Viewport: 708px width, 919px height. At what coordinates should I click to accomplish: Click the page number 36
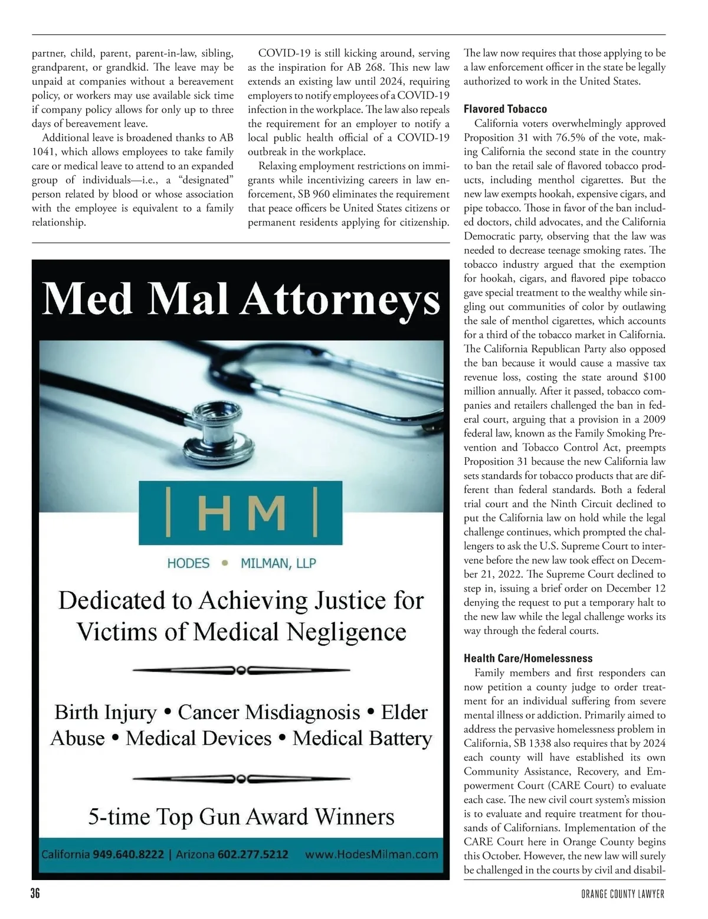click(35, 894)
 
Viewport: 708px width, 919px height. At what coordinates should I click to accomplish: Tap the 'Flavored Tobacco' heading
click(505, 109)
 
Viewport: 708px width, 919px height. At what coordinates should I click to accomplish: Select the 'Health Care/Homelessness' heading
click(527, 658)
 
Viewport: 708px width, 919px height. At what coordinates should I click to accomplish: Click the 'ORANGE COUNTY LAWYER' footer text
click(622, 895)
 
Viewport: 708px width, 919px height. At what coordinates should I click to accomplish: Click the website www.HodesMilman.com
click(372, 854)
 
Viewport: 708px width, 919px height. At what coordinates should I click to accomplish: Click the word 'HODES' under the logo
click(188, 563)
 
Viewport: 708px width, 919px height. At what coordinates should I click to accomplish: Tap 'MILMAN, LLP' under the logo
click(278, 563)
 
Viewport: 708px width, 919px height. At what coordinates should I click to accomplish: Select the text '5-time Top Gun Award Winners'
click(241, 817)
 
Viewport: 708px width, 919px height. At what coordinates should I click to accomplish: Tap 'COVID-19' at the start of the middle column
click(280, 54)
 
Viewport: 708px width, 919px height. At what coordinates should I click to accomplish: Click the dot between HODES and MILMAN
click(225, 563)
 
